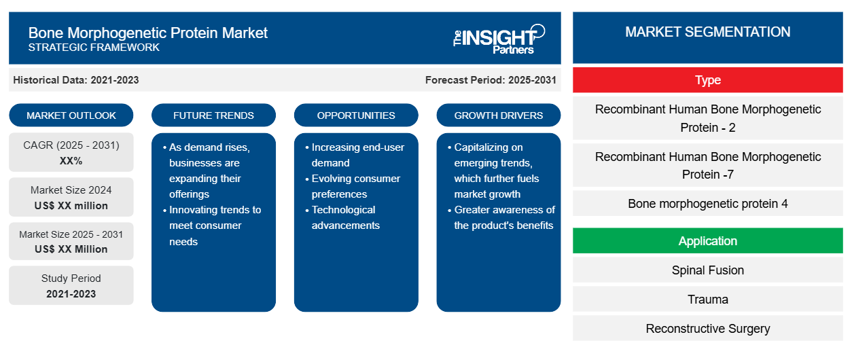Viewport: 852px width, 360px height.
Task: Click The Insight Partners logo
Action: click(499, 39)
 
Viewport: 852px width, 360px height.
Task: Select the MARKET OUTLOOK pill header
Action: click(71, 115)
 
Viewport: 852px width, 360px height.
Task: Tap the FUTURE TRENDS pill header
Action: click(213, 115)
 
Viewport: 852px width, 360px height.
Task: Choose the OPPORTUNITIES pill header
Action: click(356, 115)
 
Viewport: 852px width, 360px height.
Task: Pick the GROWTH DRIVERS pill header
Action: click(498, 115)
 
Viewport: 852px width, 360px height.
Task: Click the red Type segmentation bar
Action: click(707, 80)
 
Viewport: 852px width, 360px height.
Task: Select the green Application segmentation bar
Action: click(707, 240)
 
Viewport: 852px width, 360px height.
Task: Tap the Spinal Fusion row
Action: click(707, 270)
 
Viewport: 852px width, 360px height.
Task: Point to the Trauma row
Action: click(707, 299)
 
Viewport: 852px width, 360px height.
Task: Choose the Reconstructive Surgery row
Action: click(707, 329)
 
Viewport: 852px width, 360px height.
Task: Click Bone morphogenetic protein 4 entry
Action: click(707, 204)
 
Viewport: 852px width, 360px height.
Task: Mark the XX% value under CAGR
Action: click(71, 161)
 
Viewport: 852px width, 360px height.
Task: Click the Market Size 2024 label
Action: click(71, 190)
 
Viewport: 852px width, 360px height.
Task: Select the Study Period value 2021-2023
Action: click(71, 294)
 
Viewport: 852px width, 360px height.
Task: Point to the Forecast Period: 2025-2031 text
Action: click(491, 80)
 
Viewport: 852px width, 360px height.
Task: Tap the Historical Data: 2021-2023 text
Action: click(76, 80)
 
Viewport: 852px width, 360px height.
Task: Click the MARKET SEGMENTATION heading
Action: click(707, 32)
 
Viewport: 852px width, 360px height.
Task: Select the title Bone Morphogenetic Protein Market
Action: click(148, 33)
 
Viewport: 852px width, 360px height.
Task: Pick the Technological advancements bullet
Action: click(345, 217)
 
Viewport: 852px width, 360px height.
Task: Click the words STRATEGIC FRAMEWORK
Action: click(94, 48)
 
